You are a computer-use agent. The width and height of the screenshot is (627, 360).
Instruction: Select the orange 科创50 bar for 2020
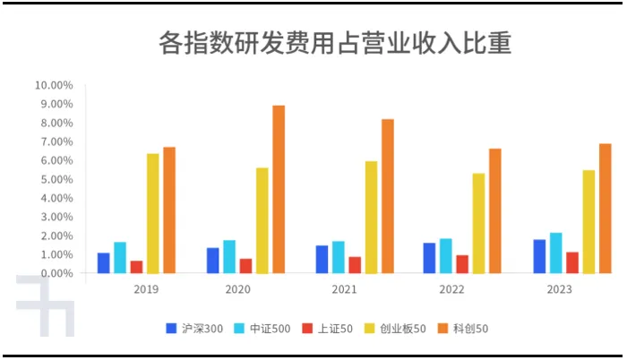(x=279, y=189)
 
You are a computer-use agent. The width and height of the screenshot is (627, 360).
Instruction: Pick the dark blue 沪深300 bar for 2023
(x=539, y=256)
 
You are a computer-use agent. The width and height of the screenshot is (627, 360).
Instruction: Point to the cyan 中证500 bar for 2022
(x=446, y=255)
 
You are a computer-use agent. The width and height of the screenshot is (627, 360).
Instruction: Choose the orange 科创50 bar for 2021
(x=388, y=196)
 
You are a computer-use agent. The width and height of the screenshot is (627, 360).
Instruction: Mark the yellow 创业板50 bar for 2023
(x=588, y=221)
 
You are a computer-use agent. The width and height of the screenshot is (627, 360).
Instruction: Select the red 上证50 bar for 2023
(x=572, y=262)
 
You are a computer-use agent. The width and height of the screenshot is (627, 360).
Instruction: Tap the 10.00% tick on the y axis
(x=54, y=86)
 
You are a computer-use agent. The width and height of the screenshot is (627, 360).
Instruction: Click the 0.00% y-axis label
(x=56, y=273)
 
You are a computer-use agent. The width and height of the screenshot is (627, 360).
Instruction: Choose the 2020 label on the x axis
(x=237, y=290)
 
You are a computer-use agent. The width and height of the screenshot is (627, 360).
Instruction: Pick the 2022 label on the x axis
(x=453, y=290)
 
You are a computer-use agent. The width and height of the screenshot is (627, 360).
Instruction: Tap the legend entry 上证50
(x=331, y=329)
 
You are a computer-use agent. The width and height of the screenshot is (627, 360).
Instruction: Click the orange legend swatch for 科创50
(x=442, y=329)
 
